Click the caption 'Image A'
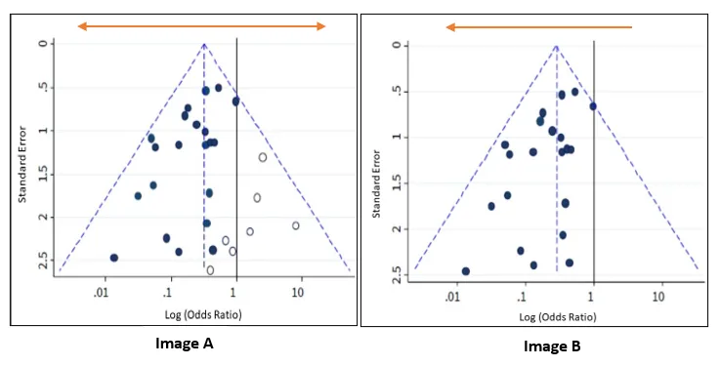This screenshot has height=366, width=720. tap(184, 343)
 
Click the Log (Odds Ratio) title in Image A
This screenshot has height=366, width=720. tap(203, 314)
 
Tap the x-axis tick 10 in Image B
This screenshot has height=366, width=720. tap(658, 295)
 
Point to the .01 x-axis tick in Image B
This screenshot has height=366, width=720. tap(452, 295)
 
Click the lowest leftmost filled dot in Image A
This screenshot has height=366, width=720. tap(114, 258)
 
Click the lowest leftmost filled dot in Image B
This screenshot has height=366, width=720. tap(466, 271)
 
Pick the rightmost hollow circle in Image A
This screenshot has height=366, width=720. tap(296, 225)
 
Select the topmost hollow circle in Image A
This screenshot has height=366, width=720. tap(263, 157)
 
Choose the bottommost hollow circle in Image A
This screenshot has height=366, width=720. tap(210, 270)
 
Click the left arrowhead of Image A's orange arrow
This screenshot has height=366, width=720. tap(83, 26)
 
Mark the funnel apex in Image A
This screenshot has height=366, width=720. tap(203, 44)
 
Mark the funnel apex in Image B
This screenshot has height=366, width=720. tap(556, 45)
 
